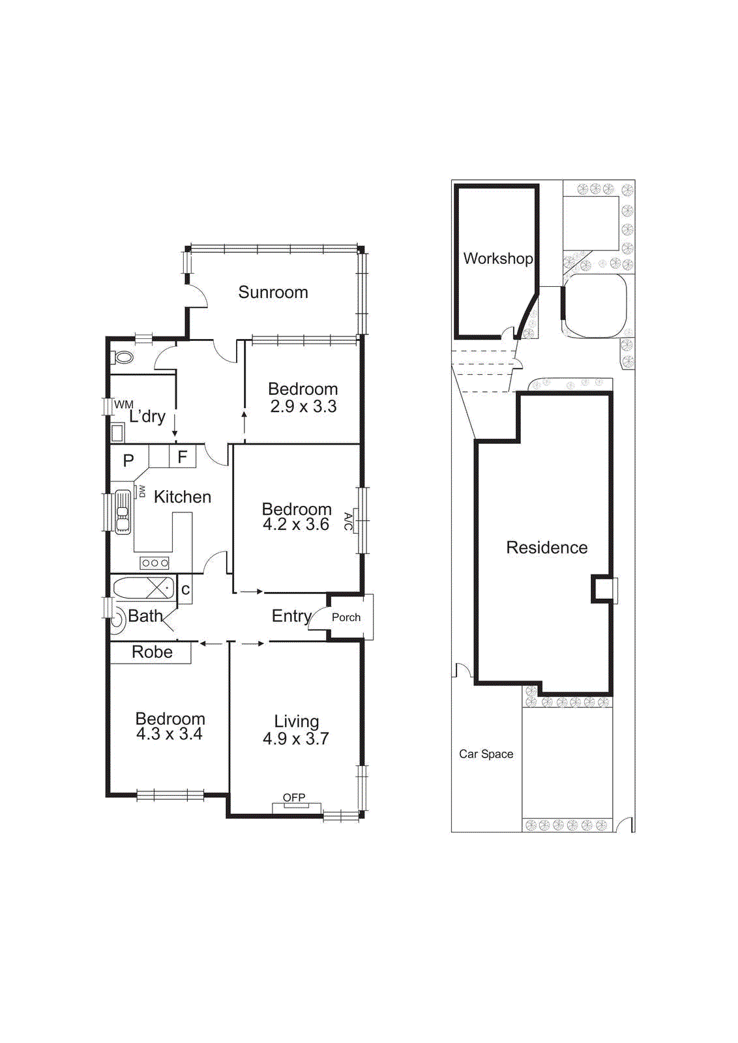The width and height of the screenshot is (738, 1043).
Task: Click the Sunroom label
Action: [x=273, y=292]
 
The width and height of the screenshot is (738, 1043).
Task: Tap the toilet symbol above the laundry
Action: [x=123, y=357]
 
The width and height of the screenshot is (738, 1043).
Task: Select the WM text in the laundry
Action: [x=123, y=405]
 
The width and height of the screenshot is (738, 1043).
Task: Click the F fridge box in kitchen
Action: [x=183, y=456]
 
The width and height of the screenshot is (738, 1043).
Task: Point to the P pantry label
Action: [x=128, y=460]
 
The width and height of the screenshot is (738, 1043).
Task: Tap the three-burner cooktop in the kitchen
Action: [x=155, y=563]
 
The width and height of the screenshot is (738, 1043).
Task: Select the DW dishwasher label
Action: [x=141, y=491]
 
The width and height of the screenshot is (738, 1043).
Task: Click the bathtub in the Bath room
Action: [x=143, y=588]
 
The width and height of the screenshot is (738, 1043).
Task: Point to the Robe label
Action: [x=152, y=652]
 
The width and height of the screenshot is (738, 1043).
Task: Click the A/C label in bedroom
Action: [x=348, y=521]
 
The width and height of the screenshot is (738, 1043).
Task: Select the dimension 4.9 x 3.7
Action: [x=295, y=739]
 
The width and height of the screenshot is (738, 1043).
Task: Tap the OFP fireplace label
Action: [x=294, y=797]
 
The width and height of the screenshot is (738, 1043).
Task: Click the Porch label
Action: [x=346, y=617]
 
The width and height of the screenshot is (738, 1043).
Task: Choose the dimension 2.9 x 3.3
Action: [x=303, y=406]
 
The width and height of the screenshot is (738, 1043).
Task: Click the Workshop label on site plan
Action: [x=497, y=258]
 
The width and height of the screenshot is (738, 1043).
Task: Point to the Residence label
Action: [x=546, y=548]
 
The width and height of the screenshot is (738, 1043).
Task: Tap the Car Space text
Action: [x=486, y=754]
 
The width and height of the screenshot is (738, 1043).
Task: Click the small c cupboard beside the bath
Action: [x=185, y=590]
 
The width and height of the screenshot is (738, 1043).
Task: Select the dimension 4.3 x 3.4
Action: [x=169, y=734]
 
